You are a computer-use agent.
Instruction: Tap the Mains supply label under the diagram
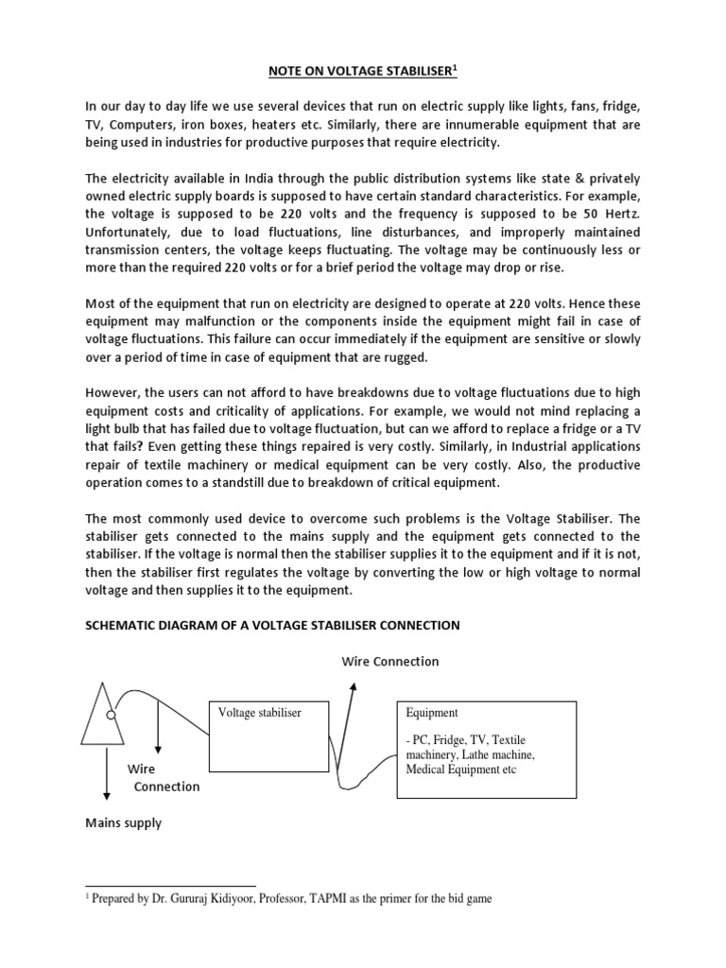click(x=124, y=822)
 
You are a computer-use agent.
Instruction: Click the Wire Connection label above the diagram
click(x=389, y=661)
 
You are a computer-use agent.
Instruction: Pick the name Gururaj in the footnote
click(x=209, y=899)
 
